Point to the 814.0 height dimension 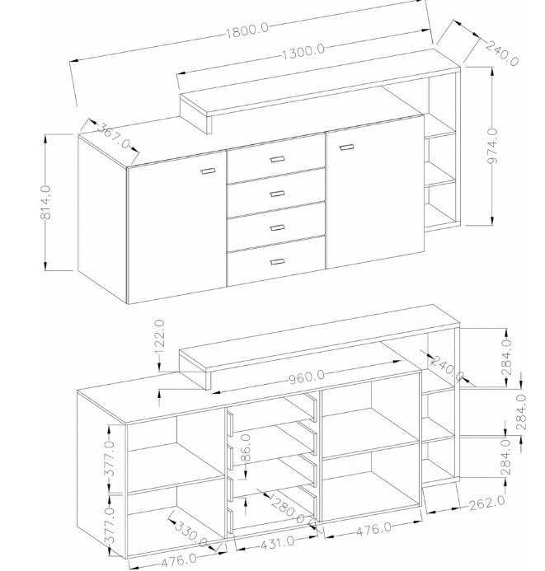click(x=46, y=203)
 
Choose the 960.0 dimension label click(x=307, y=377)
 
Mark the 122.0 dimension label click(x=160, y=337)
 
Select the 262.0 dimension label click(x=487, y=503)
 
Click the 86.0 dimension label click(x=247, y=447)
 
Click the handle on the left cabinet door click(x=208, y=171)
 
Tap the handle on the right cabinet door click(x=346, y=147)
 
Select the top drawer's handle click(x=277, y=159)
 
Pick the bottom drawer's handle click(x=277, y=261)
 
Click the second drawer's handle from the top click(x=277, y=194)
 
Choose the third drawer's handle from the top click(x=277, y=227)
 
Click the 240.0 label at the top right click(x=502, y=54)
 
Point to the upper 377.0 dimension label click(x=110, y=458)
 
